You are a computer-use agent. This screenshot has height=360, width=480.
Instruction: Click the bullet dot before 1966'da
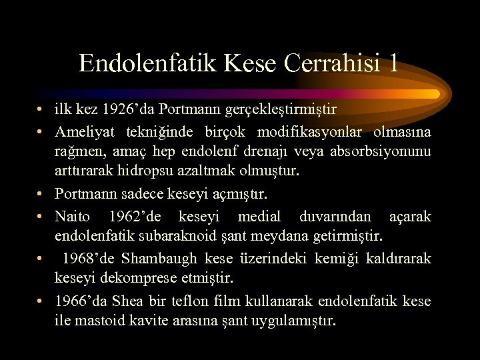pos(41,301)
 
